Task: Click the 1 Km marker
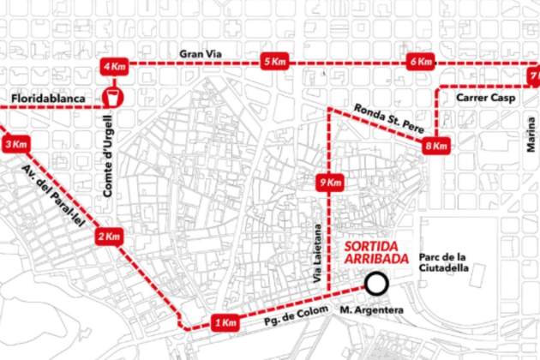click(x=224, y=323)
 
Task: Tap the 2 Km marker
click(x=110, y=237)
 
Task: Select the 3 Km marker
click(x=12, y=145)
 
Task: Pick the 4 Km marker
click(x=114, y=66)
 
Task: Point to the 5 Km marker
click(x=274, y=63)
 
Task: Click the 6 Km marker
click(x=421, y=63)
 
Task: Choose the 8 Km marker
click(x=436, y=147)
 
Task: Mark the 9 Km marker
click(x=329, y=183)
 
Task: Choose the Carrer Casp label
click(x=483, y=99)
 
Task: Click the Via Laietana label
click(x=316, y=255)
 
